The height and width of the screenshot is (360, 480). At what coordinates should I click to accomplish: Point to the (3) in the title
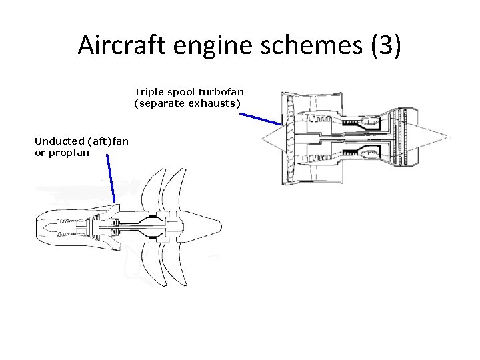coord(384,45)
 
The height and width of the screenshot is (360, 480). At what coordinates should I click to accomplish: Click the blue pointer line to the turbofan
coord(261,119)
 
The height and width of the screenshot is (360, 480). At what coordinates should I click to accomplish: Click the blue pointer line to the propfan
coord(111,181)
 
